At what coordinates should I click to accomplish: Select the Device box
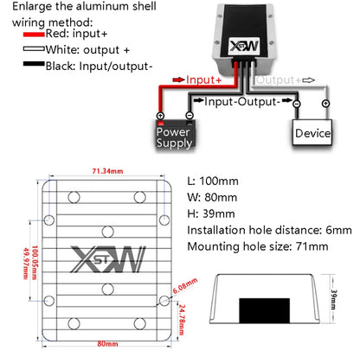pos(312,132)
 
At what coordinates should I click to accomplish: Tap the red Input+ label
pos(203,80)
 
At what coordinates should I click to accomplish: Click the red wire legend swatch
pos(34,35)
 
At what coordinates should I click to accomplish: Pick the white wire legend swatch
pos(34,48)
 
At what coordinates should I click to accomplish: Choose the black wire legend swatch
pos(34,64)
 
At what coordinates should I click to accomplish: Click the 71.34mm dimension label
pos(107,171)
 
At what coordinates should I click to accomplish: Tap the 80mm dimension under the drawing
pos(107,344)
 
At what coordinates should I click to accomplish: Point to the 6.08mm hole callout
pos(185,285)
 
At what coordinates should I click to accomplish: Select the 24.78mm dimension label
pos(182,320)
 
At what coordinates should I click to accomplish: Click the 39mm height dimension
pos(333,300)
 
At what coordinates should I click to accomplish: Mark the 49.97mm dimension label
pos(26,264)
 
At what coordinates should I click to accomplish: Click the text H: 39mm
pos(211,213)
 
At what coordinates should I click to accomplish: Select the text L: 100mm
pos(213,181)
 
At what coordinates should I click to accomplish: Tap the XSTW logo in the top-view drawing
pos(107,259)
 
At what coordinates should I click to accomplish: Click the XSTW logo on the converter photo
pos(244,46)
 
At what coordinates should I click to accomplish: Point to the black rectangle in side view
pos(264,310)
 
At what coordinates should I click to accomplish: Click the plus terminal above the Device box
pos(325,104)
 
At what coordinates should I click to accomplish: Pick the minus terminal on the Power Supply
pos(190,116)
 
